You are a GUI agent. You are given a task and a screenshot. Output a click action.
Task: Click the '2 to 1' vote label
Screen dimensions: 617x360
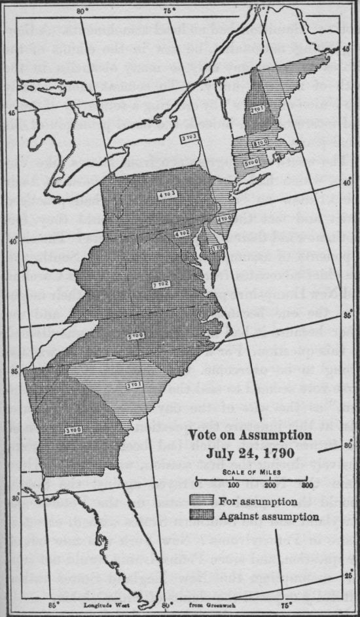tap(257, 111)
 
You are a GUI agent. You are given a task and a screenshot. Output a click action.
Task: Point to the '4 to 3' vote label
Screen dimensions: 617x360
tap(165, 195)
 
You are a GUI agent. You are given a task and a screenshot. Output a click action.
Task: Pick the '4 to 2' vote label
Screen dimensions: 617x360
tap(182, 233)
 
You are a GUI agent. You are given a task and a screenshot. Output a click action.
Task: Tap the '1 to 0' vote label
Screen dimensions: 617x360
tap(219, 248)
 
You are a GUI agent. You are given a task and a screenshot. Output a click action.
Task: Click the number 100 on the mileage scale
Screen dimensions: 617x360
tap(234, 485)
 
